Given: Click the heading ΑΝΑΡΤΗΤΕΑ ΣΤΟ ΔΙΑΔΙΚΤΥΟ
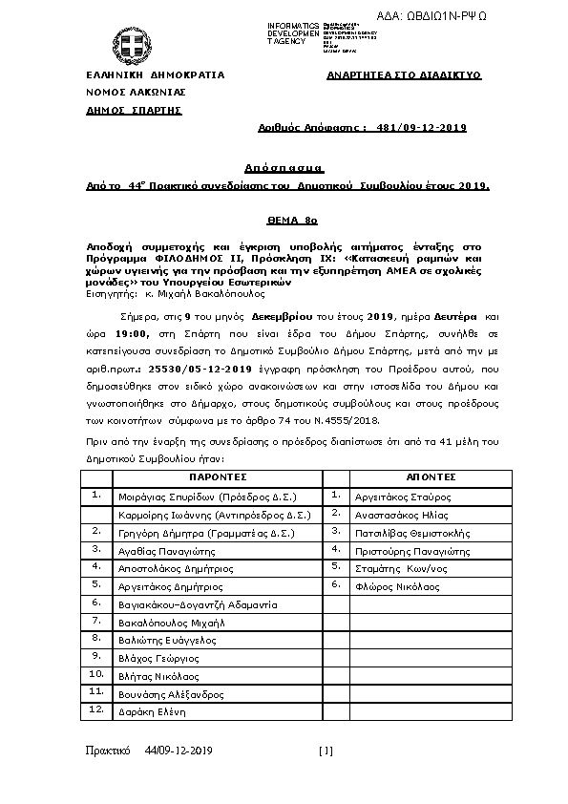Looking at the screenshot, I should pos(403,74).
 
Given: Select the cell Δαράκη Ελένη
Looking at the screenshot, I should pos(145,711).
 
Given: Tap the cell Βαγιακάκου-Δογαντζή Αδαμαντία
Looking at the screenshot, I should pos(197,604).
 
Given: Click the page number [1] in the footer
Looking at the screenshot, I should pos(326,751).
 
